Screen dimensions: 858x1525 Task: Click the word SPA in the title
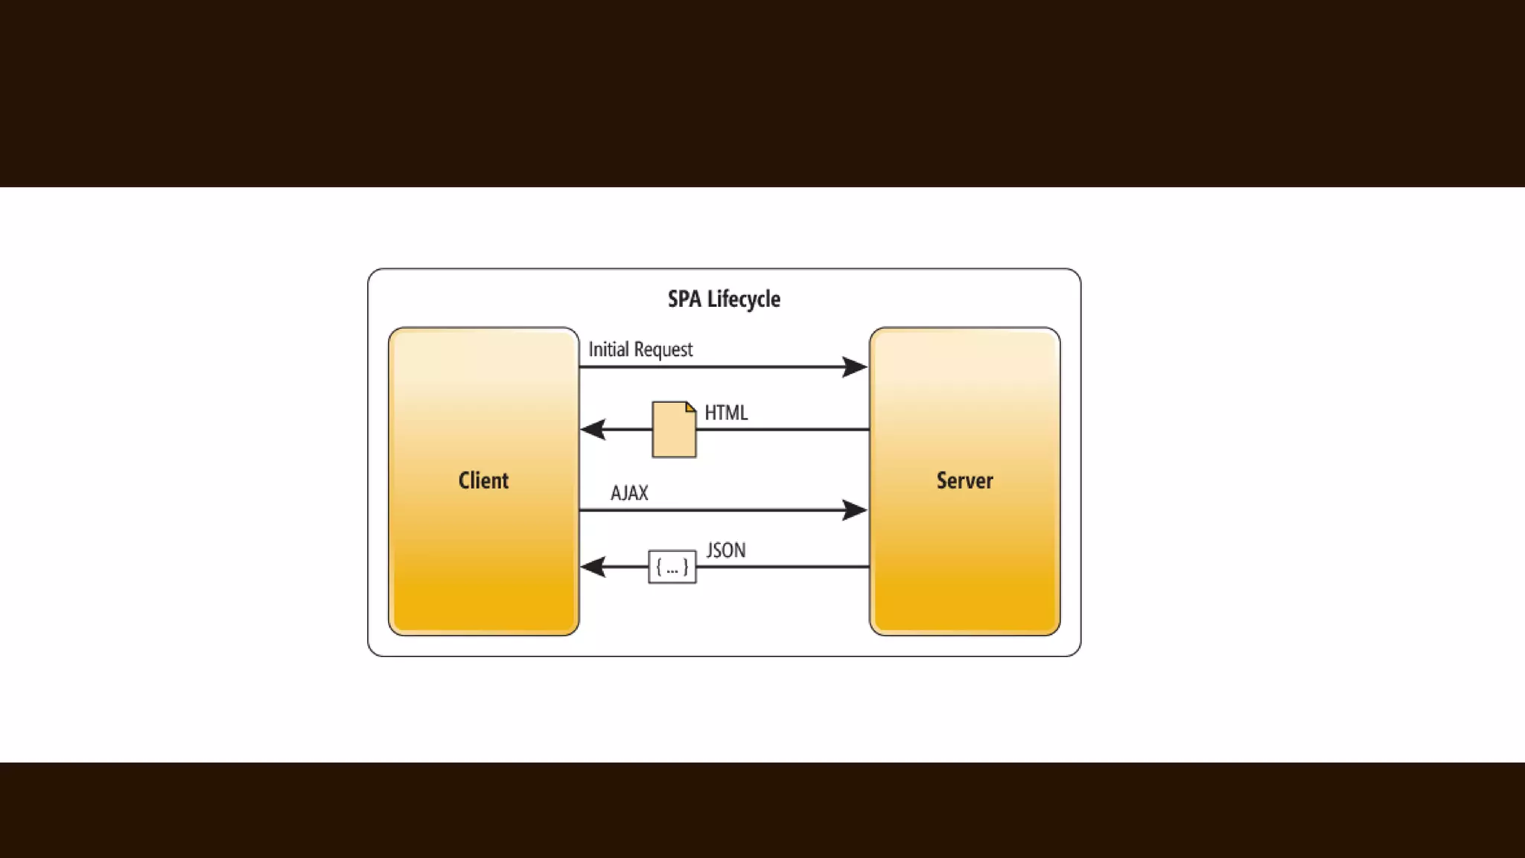pyautogui.click(x=684, y=299)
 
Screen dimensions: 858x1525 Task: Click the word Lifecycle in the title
pyautogui.click(x=743, y=299)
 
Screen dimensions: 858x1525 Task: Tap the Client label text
pyautogui.click(x=483, y=480)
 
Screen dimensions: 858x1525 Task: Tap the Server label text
pyautogui.click(x=964, y=480)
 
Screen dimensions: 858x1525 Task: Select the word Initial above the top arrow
pyautogui.click(x=608, y=349)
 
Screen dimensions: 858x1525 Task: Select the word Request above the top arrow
pyautogui.click(x=663, y=350)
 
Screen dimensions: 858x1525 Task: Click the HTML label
pyautogui.click(x=726, y=413)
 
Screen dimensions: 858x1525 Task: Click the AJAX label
pyautogui.click(x=629, y=493)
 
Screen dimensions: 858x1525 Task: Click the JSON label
pyautogui.click(x=726, y=550)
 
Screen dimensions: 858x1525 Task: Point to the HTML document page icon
pyautogui.click(x=673, y=430)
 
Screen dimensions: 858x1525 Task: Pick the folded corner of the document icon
pyautogui.click(x=690, y=407)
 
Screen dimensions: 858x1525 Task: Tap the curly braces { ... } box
pyautogui.click(x=672, y=568)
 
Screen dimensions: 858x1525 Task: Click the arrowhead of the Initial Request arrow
pyautogui.click(x=854, y=366)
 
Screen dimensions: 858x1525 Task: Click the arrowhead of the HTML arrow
pyautogui.click(x=593, y=429)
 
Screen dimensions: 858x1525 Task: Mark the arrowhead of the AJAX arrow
pyautogui.click(x=854, y=510)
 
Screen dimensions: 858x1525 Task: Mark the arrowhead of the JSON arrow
pyautogui.click(x=593, y=567)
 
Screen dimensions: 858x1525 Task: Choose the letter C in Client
pyautogui.click(x=465, y=480)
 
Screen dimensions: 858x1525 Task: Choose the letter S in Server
pyautogui.click(x=942, y=480)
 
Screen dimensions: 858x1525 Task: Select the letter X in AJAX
pyautogui.click(x=642, y=493)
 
